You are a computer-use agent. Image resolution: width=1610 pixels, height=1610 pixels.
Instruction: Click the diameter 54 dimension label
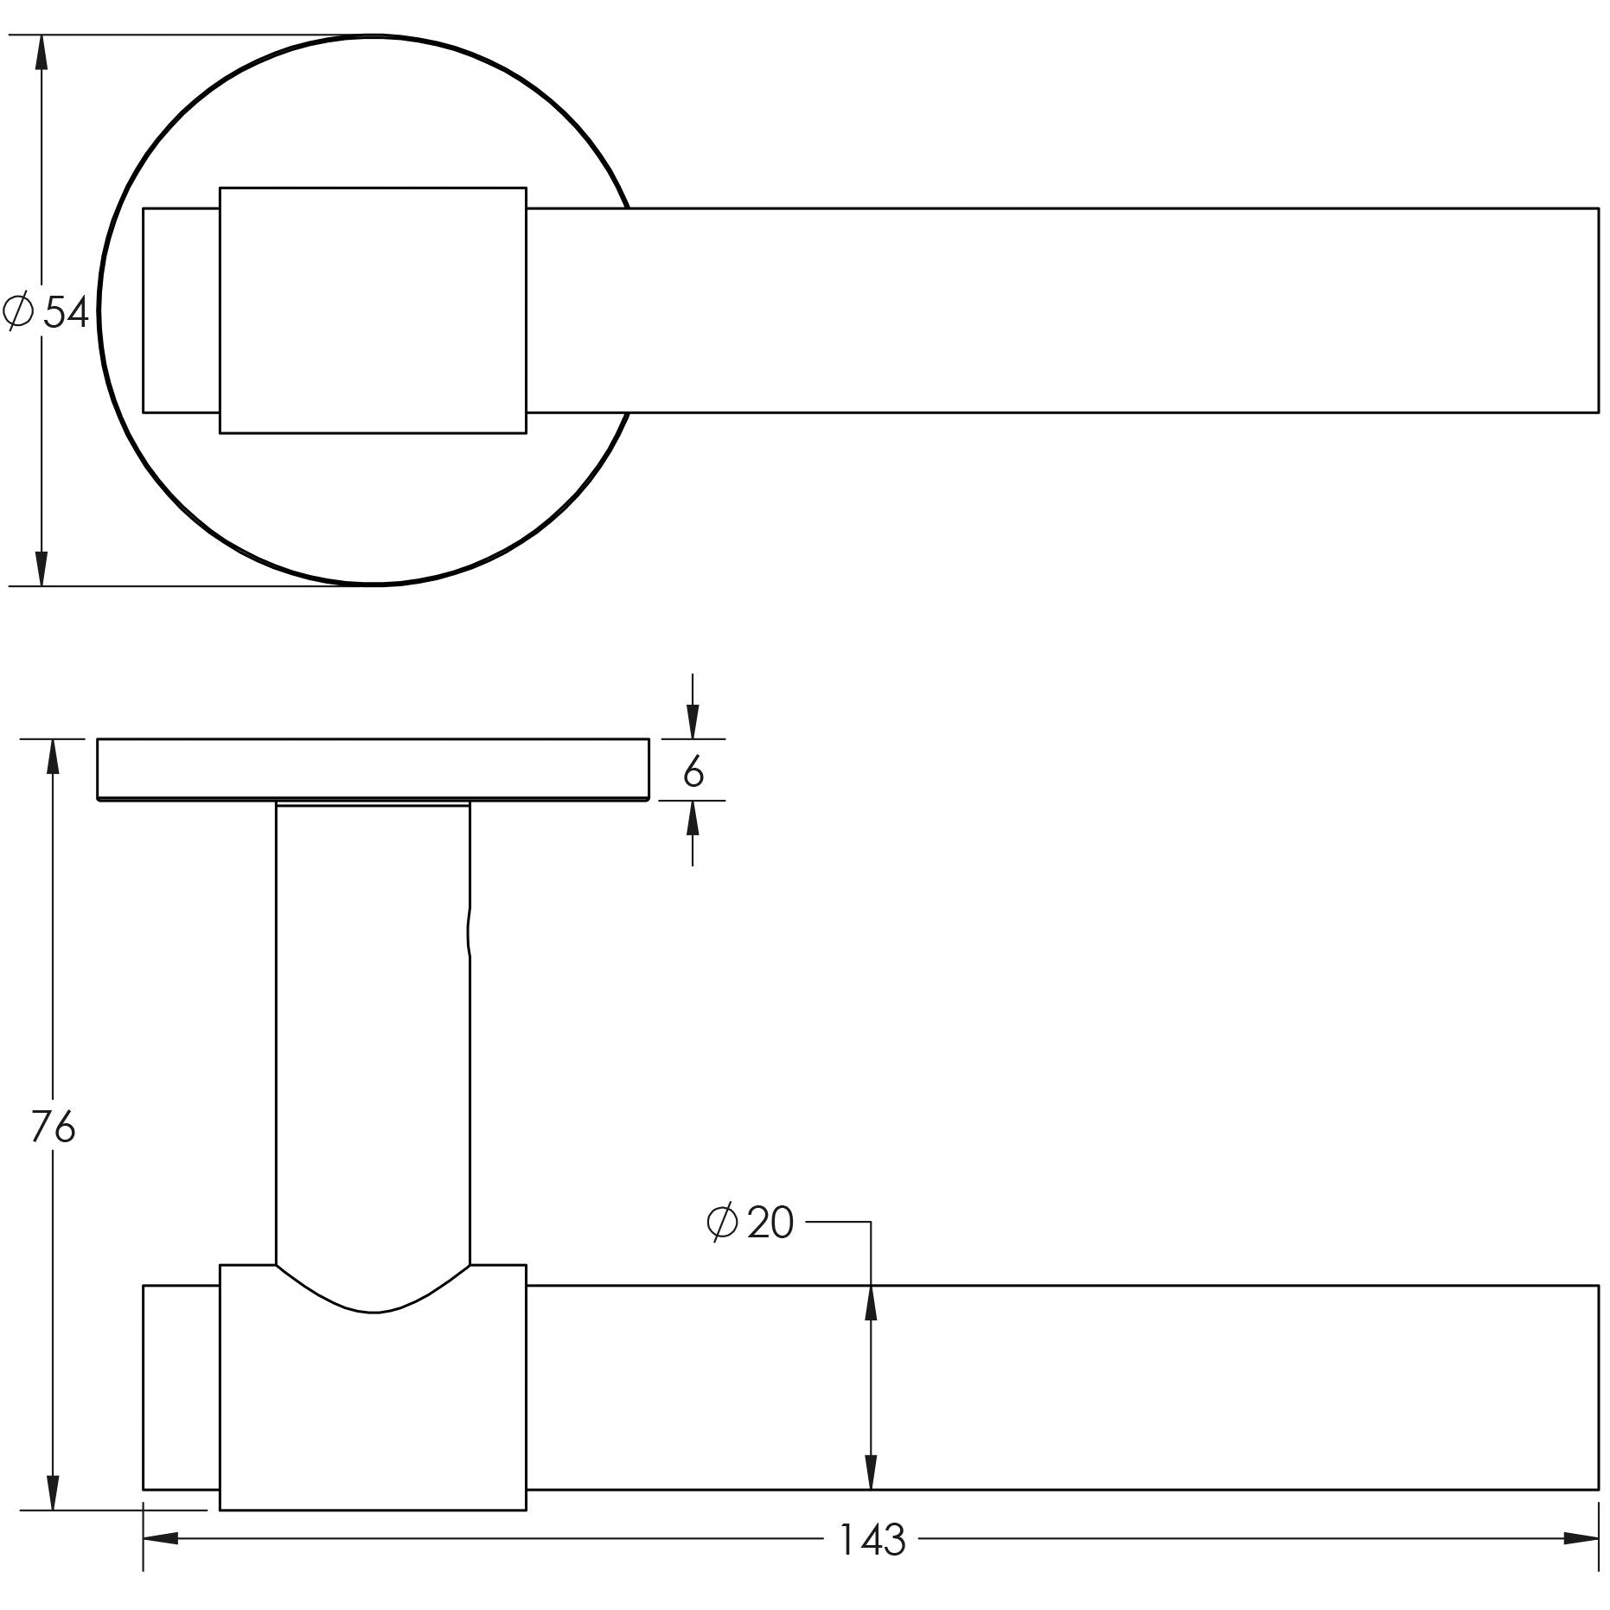click(x=46, y=312)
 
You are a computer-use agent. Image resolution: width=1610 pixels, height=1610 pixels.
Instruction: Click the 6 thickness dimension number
click(x=693, y=771)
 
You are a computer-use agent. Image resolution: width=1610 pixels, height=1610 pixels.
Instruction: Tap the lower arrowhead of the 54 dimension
click(x=41, y=567)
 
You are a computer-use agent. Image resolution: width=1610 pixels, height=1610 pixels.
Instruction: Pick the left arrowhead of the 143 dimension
click(x=161, y=1539)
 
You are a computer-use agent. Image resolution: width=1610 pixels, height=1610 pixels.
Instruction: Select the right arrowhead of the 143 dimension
click(x=1581, y=1539)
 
